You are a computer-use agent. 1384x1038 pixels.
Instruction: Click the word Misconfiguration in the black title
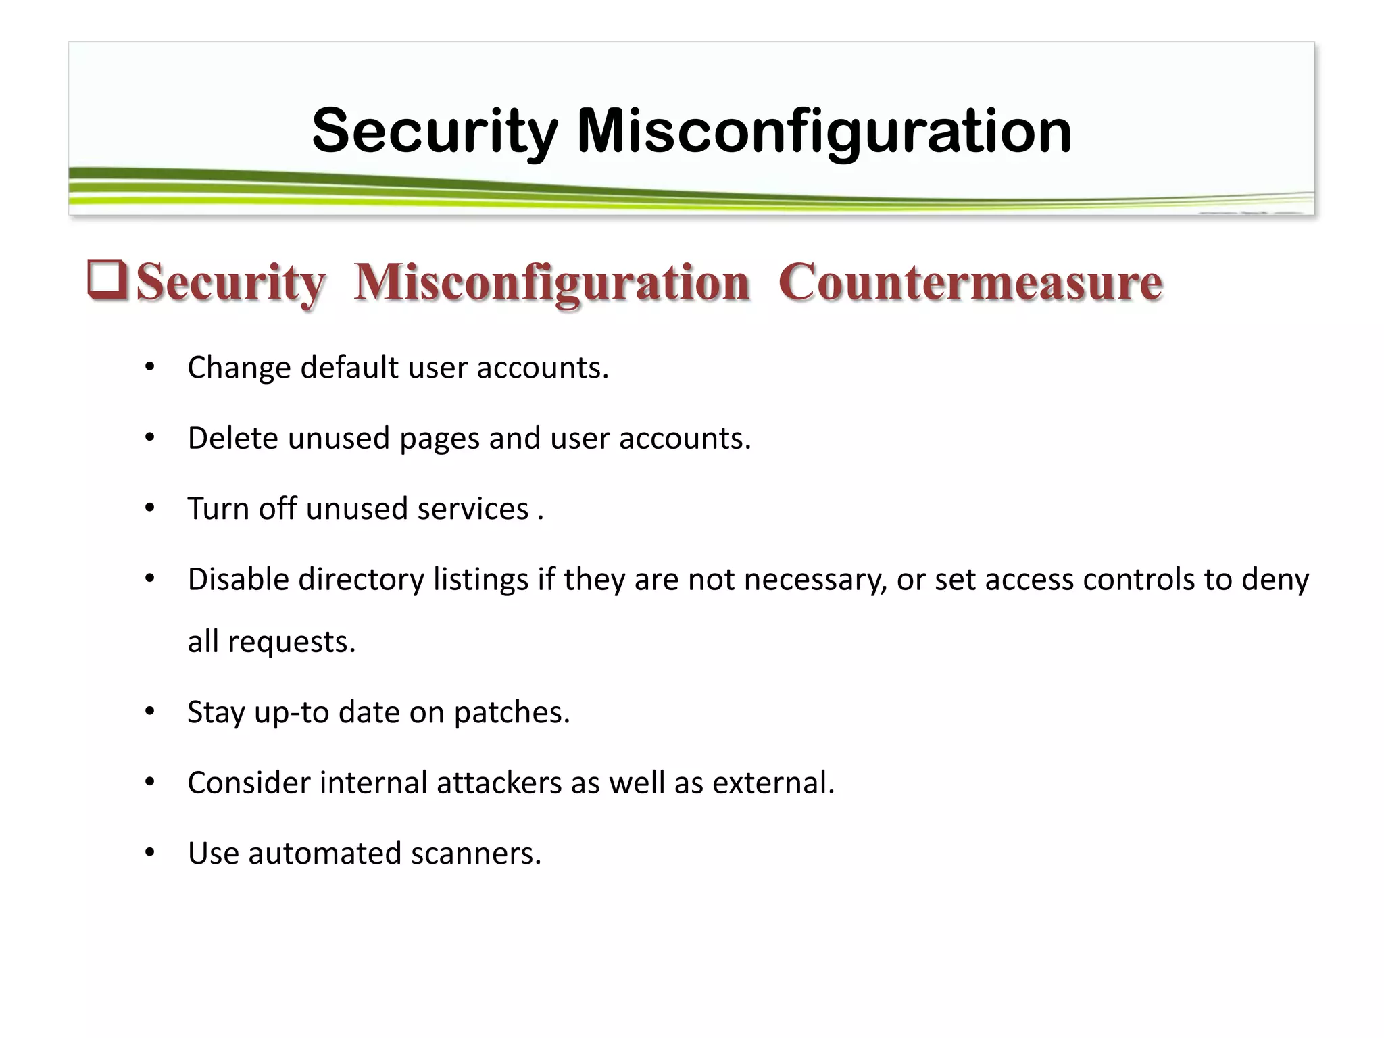tap(824, 131)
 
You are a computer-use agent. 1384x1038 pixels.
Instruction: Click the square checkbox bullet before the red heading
tap(107, 281)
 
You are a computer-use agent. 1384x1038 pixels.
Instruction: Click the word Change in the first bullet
tap(239, 368)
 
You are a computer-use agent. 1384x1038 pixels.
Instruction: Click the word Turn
tap(218, 509)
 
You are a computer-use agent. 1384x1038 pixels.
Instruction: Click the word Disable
tap(238, 580)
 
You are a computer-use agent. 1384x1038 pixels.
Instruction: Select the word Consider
tap(249, 783)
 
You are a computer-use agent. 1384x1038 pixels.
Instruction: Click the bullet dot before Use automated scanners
tap(150, 853)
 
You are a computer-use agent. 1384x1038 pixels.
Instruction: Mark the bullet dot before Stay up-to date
tap(150, 712)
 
